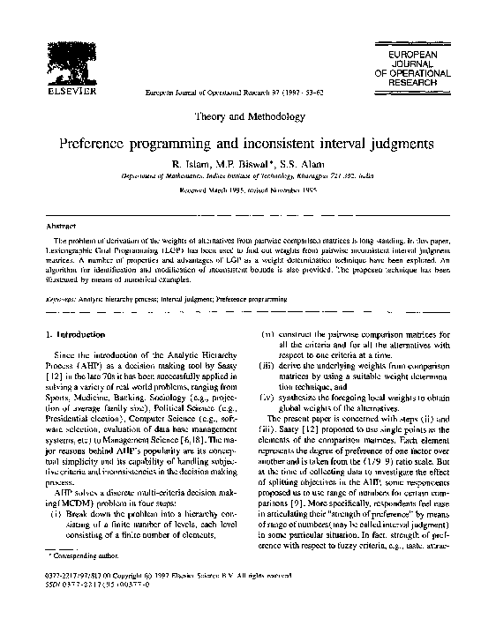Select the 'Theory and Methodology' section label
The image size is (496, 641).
tap(248, 116)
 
